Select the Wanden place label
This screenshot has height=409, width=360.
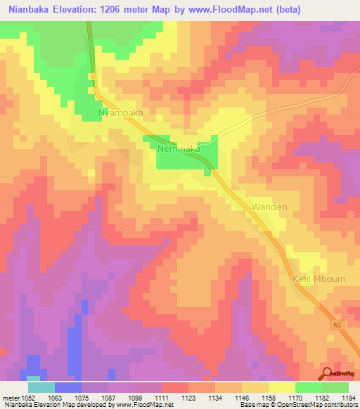[269, 207]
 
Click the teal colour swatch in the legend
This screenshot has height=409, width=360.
[41, 387]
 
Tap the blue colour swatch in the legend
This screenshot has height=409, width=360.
[67, 387]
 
